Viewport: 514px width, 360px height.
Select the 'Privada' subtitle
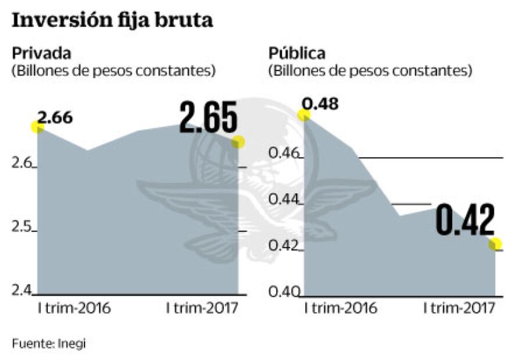point(42,53)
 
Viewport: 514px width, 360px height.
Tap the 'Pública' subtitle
point(297,53)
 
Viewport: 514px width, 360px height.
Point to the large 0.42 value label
point(465,219)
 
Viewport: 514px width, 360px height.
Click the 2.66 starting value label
point(55,117)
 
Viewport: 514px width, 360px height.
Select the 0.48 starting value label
point(320,105)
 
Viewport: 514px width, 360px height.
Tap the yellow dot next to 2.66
point(38,127)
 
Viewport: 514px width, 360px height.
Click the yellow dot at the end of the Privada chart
point(238,142)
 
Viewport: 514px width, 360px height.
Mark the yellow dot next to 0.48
point(304,114)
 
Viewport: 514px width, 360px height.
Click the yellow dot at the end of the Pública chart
point(495,244)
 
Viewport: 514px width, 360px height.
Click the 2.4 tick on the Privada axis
point(22,289)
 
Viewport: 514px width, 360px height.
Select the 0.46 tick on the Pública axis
point(285,154)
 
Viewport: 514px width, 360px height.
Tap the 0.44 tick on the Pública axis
point(285,200)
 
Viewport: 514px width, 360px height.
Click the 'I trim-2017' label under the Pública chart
point(459,308)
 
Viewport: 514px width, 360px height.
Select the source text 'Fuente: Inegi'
point(49,343)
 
